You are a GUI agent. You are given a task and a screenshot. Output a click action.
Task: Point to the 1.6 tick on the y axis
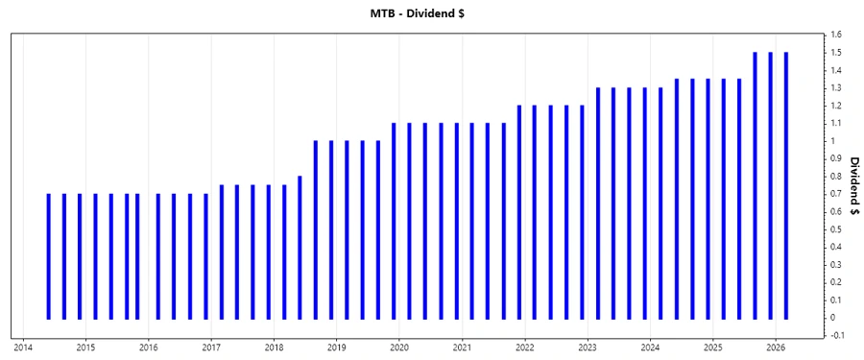click(x=837, y=35)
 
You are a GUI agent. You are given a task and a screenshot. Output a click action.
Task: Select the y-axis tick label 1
click(x=834, y=141)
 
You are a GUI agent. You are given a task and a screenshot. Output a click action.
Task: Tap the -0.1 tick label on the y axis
click(x=838, y=335)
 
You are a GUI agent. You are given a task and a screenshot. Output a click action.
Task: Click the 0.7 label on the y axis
click(x=837, y=194)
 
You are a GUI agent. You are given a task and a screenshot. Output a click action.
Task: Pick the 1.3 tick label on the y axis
click(x=837, y=88)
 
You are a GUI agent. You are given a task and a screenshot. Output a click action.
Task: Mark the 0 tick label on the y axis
click(x=834, y=318)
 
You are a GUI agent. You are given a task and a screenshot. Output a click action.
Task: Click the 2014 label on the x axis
click(x=23, y=348)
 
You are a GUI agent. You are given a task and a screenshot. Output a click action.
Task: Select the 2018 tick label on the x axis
click(x=274, y=348)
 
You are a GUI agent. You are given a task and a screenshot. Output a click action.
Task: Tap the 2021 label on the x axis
click(x=462, y=348)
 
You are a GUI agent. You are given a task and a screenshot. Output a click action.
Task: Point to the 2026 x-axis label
click(x=776, y=348)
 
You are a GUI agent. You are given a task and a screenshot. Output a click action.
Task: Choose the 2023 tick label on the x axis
click(x=588, y=348)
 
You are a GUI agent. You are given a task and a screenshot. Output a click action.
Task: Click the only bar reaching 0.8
click(x=300, y=247)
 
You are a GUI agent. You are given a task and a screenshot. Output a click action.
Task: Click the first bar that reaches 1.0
click(x=315, y=229)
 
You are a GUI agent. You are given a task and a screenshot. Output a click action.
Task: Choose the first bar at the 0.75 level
click(x=221, y=252)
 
